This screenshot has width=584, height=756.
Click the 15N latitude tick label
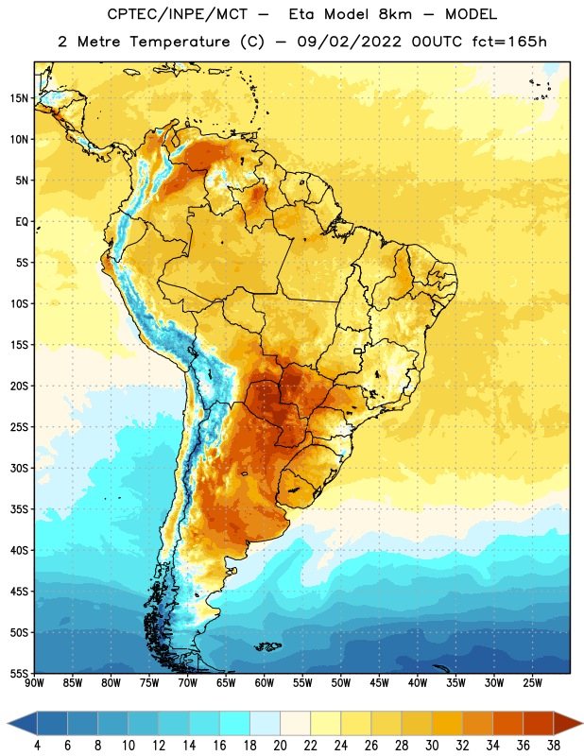[x=19, y=98]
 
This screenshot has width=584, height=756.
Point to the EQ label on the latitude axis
[x=22, y=222]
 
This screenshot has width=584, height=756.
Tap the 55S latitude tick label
[x=19, y=673]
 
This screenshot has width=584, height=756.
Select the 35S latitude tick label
[x=19, y=509]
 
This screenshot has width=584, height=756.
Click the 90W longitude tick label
[x=34, y=683]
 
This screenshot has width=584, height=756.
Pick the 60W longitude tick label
[x=265, y=683]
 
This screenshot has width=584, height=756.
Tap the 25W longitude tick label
[x=532, y=683]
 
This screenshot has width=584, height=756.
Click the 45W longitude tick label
[x=379, y=683]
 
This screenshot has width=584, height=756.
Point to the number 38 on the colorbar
[x=553, y=746]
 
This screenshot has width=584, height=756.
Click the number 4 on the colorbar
[x=37, y=746]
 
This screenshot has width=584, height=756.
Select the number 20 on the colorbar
[x=280, y=746]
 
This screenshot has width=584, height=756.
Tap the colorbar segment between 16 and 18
[x=234, y=723]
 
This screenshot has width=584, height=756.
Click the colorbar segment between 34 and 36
[x=507, y=723]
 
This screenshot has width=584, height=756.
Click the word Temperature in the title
[x=180, y=42]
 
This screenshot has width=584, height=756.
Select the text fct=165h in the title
[x=509, y=42]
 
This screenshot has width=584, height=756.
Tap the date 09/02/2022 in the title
[x=349, y=42]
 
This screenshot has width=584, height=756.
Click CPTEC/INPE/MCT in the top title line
[x=178, y=14]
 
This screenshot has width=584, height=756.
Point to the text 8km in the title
[x=395, y=14]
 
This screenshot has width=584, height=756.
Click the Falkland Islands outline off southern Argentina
[x=268, y=646]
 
